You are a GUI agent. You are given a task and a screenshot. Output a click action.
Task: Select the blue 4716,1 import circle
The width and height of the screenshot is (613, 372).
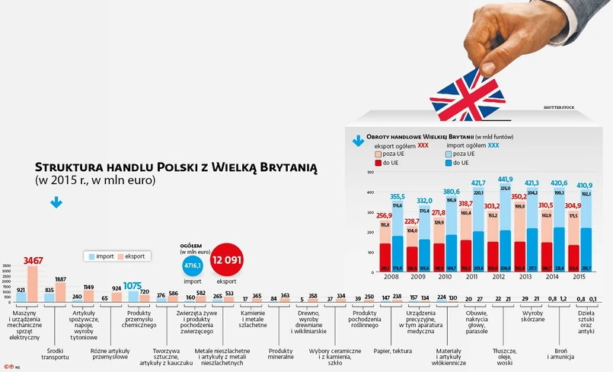(x=193, y=265)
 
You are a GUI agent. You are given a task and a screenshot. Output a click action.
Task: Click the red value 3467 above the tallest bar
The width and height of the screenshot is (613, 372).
(x=33, y=261)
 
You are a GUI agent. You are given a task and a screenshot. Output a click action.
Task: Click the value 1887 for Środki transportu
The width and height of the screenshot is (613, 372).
(x=60, y=279)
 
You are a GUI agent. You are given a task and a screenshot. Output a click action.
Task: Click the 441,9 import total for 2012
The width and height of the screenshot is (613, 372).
(x=506, y=180)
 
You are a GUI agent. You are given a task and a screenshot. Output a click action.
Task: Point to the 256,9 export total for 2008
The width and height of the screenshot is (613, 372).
(x=384, y=216)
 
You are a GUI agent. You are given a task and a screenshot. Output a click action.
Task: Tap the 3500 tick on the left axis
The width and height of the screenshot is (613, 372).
(x=7, y=265)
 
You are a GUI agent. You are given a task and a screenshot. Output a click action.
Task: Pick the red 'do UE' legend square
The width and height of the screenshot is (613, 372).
(x=377, y=163)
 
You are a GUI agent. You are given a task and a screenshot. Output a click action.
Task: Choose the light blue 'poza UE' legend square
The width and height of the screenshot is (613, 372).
(x=447, y=153)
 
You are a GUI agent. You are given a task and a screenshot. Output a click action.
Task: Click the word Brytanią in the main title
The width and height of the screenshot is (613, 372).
(x=280, y=167)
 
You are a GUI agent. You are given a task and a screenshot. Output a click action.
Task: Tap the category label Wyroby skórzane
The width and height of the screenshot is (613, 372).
(x=532, y=316)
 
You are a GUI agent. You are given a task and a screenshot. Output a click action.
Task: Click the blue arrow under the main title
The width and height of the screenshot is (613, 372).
(x=56, y=203)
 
